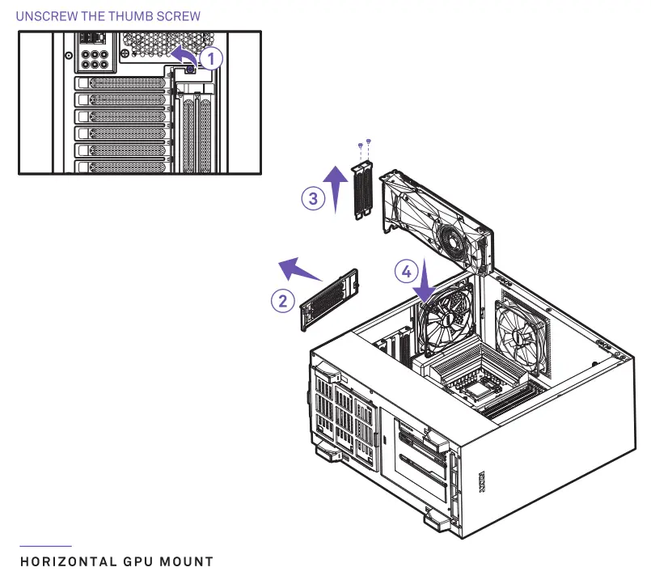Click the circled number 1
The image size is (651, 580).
click(209, 57)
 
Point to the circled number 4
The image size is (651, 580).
click(407, 271)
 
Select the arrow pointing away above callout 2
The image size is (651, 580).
click(296, 266)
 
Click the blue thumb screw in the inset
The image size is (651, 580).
click(189, 70)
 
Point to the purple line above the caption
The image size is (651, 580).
click(45, 547)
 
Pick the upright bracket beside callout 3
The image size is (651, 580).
click(361, 191)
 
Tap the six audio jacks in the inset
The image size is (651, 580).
click(95, 60)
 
